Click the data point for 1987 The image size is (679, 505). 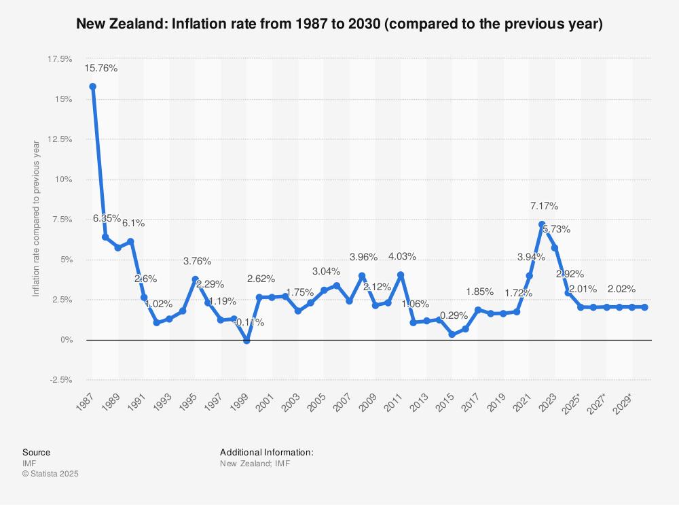(92, 86)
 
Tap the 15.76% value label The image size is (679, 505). (101, 68)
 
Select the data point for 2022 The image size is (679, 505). (541, 224)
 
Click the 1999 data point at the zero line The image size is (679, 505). (246, 341)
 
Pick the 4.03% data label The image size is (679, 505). (402, 256)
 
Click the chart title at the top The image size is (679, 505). (339, 24)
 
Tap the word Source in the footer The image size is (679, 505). (36, 453)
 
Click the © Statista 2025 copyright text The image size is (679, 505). (50, 474)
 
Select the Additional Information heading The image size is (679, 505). (266, 453)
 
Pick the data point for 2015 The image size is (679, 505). (452, 334)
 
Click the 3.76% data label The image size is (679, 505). (197, 261)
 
